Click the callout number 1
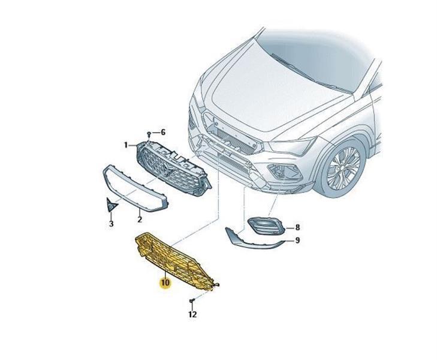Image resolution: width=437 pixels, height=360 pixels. click(126, 145)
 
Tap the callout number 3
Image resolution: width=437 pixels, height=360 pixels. click(111, 224)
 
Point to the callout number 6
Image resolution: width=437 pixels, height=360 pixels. click(162, 132)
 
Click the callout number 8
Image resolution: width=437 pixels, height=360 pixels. click(297, 228)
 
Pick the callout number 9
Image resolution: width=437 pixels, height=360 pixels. click(297, 241)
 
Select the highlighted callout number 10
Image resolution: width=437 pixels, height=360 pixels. click(164, 281)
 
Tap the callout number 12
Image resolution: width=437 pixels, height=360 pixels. click(192, 314)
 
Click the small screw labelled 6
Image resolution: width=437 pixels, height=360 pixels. click(148, 133)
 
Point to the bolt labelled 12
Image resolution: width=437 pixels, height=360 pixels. click(191, 300)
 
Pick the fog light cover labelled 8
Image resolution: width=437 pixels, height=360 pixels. click(266, 227)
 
